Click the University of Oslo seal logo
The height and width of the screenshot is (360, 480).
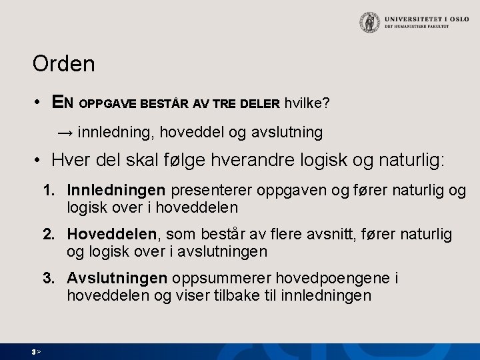pos(368,23)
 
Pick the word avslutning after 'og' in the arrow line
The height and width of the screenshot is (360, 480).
pos(283,133)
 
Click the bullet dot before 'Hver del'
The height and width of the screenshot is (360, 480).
pos(40,162)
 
